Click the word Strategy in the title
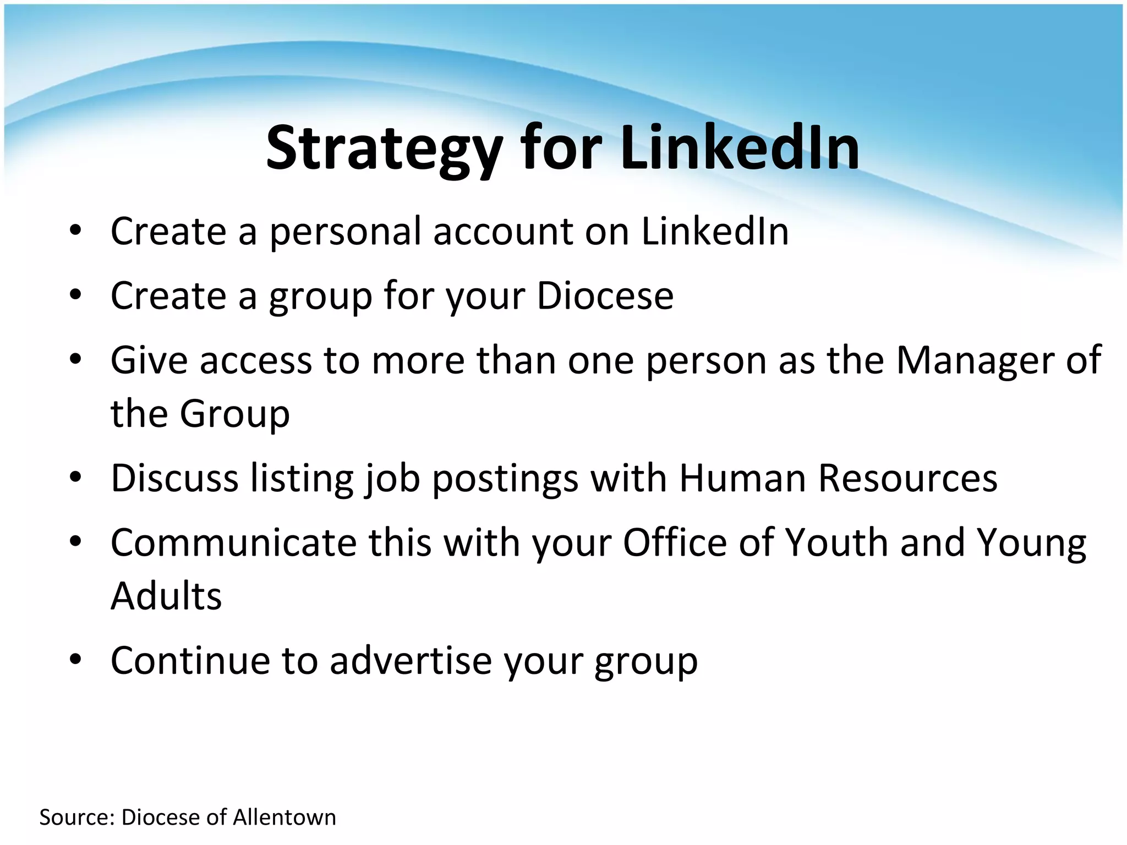(384, 149)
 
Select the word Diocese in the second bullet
(605, 296)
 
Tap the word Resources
(907, 478)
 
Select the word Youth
(836, 542)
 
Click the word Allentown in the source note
(284, 817)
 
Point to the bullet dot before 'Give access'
(76, 360)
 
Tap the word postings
(505, 479)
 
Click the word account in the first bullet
(503, 232)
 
